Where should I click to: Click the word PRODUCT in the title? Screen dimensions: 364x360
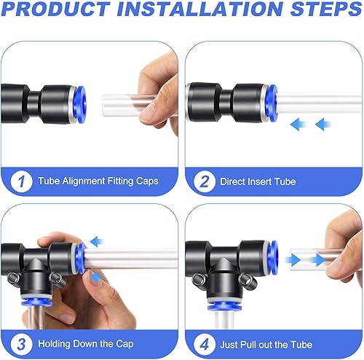pos(56,9)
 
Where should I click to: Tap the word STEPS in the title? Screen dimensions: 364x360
pos(326,9)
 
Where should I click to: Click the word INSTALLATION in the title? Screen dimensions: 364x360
pos(200,9)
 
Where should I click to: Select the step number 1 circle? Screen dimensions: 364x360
pos(21,181)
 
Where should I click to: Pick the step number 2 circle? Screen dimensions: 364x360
pos(205,181)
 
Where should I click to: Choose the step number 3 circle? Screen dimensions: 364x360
pos(21,344)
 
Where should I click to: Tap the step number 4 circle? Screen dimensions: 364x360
pos(205,344)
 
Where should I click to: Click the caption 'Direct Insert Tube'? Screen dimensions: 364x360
pos(258,181)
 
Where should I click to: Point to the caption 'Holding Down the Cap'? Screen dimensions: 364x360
pos(86,344)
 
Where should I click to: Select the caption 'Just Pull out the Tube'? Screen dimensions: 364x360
pos(266,345)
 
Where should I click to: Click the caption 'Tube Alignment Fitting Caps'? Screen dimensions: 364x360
pos(98,181)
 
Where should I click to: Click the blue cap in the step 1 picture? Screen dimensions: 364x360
pos(80,104)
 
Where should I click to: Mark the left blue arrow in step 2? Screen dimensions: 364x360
pos(298,125)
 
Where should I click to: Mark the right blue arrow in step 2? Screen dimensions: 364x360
pos(323,125)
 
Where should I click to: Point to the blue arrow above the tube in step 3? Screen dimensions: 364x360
pos(97,241)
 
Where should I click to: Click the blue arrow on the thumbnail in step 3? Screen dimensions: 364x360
pos(95,277)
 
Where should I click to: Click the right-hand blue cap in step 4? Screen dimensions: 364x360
pos(274,258)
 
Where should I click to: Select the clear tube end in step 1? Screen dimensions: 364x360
pos(105,106)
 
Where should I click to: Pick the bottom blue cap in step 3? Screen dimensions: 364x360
pos(36,302)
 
